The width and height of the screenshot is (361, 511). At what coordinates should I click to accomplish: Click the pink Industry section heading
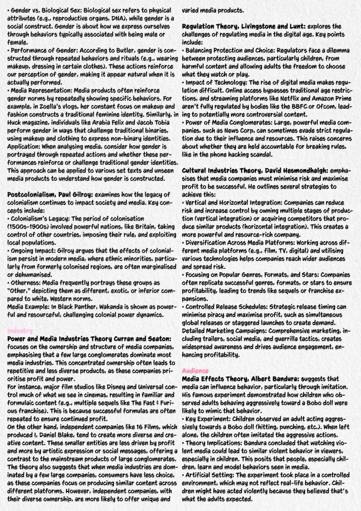(x=17, y=331)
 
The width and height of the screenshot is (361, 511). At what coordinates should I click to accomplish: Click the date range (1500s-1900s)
(x=28, y=226)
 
